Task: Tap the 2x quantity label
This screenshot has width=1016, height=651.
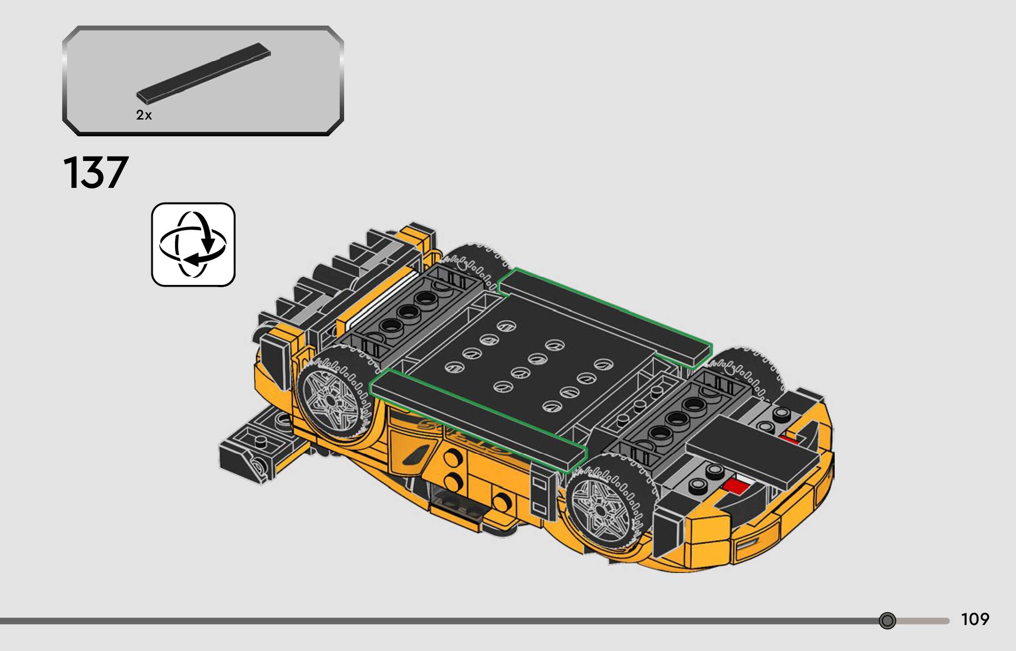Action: click(144, 115)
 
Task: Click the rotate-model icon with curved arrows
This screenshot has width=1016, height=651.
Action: click(193, 245)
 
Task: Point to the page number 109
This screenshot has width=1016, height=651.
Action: click(975, 619)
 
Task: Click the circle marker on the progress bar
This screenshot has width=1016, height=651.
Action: click(887, 621)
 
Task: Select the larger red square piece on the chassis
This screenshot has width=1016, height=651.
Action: click(736, 486)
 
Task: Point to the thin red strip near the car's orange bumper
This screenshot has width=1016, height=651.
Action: click(790, 439)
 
